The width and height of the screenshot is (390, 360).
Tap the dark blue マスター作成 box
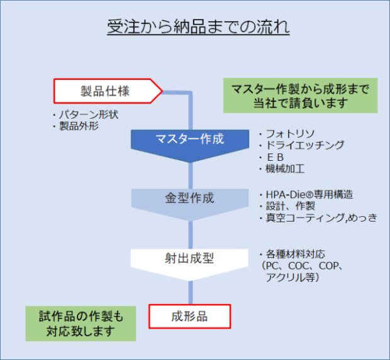(189, 139)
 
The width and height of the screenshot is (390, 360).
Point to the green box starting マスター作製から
(299, 95)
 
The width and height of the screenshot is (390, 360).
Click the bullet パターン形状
(88, 116)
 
